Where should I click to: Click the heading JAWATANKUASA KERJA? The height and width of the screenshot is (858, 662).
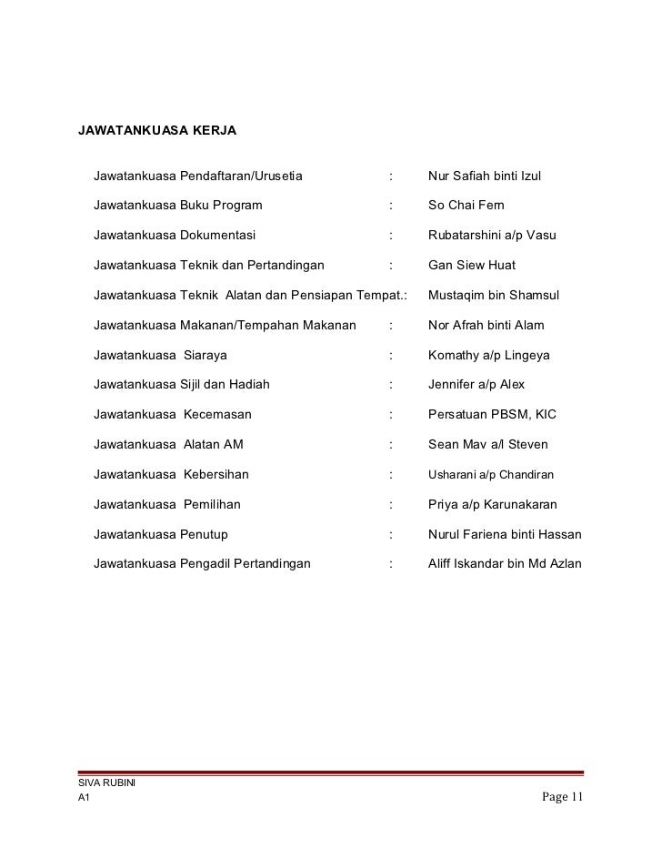pyautogui.click(x=157, y=131)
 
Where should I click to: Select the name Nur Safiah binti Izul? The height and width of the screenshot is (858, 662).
pyautogui.click(x=485, y=175)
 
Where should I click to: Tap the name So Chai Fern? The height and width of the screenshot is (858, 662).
pyautogui.click(x=466, y=205)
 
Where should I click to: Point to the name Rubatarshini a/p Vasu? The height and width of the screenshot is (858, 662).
pyautogui.click(x=492, y=235)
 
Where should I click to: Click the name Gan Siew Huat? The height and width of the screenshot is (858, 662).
pyautogui.click(x=472, y=265)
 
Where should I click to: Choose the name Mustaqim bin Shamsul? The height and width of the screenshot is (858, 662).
pyautogui.click(x=494, y=296)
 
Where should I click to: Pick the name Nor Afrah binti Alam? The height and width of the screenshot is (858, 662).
pyautogui.click(x=486, y=325)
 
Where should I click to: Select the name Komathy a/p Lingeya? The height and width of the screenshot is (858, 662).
pyautogui.click(x=489, y=355)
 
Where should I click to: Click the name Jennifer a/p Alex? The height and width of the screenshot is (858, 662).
pyautogui.click(x=476, y=384)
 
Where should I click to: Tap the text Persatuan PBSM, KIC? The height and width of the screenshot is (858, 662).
pyautogui.click(x=492, y=414)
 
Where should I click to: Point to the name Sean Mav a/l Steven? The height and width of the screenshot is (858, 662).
pyautogui.click(x=488, y=445)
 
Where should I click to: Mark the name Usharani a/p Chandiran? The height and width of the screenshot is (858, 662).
pyautogui.click(x=491, y=475)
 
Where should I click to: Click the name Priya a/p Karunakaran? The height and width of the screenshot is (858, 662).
pyautogui.click(x=493, y=504)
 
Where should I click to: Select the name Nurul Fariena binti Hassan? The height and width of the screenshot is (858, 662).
pyautogui.click(x=505, y=534)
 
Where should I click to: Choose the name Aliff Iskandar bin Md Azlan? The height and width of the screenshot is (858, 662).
pyautogui.click(x=505, y=564)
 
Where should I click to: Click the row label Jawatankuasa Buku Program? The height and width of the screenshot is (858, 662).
pyautogui.click(x=177, y=205)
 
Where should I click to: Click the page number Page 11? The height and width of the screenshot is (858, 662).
pyautogui.click(x=562, y=798)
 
